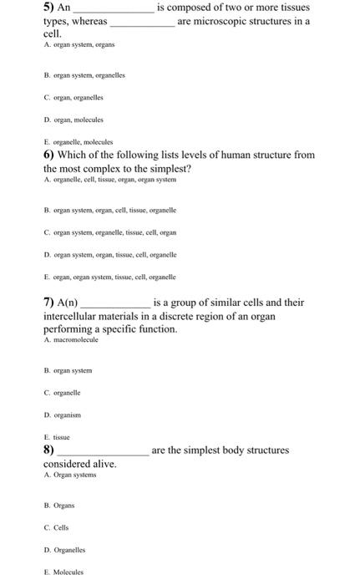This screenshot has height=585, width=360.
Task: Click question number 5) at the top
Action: pos(49,7)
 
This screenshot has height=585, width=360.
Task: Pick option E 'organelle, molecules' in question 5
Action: pos(78,142)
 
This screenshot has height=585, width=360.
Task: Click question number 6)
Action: pos(49,155)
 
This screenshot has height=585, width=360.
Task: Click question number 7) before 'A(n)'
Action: pos(49,303)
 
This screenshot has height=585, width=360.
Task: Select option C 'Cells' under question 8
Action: pos(59,527)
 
